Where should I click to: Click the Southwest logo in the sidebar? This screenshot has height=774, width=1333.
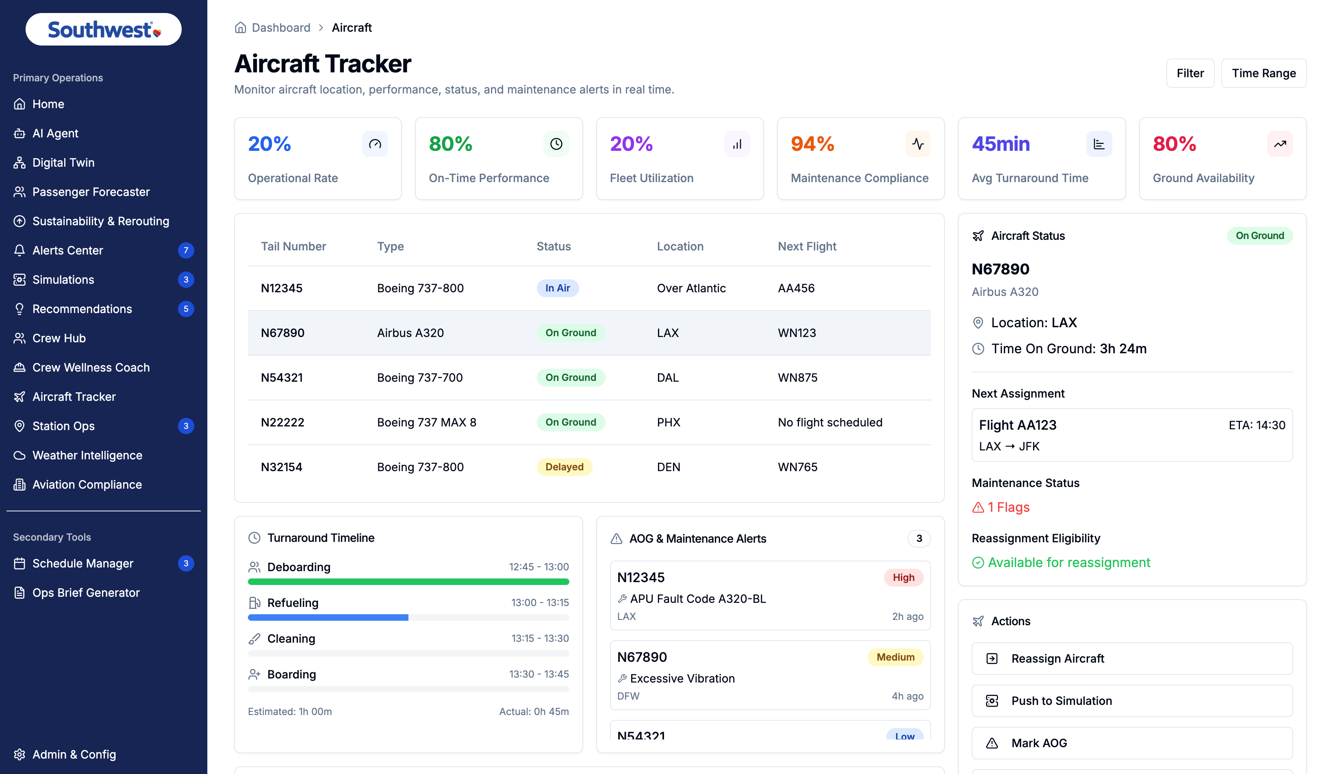(104, 30)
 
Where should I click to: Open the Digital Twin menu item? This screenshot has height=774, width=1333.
(63, 163)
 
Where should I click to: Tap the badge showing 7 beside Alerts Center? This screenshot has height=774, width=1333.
(186, 250)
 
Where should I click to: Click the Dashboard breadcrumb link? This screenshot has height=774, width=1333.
(281, 28)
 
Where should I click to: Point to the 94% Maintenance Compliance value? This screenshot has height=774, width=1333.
(812, 143)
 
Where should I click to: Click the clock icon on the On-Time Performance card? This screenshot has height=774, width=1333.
(556, 144)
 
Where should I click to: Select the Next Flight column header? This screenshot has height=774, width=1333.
(807, 246)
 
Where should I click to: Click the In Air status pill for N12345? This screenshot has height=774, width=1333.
(558, 288)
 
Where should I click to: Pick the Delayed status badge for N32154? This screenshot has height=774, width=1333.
(564, 467)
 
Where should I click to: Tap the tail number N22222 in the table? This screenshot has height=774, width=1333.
(282, 422)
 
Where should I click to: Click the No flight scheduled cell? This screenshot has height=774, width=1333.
(830, 422)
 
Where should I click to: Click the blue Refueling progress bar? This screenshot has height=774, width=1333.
(328, 617)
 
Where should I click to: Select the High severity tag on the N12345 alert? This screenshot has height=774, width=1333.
(903, 577)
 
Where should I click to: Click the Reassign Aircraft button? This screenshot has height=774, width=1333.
(1132, 658)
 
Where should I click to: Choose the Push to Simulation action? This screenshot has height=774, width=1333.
(1132, 700)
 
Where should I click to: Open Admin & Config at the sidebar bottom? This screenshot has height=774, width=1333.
(74, 754)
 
